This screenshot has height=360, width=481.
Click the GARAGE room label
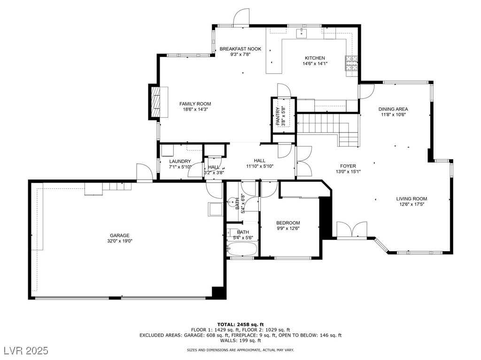(120, 235)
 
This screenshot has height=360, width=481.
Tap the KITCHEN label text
(315, 58)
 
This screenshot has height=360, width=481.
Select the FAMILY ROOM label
(195, 104)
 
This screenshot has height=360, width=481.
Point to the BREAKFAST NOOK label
(240, 49)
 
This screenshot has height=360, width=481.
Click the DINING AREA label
(393, 109)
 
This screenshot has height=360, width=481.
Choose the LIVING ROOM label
(411, 199)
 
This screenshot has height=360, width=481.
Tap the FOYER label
(348, 166)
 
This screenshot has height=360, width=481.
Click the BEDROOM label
(288, 223)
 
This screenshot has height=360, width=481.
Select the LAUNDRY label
(180, 161)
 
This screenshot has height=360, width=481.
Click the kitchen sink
(302, 33)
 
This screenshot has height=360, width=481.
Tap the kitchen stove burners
(352, 63)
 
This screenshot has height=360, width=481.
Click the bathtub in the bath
(242, 249)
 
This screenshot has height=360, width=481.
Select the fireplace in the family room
(158, 101)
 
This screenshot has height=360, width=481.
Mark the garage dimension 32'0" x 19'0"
(120, 241)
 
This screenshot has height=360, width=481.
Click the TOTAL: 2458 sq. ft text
(240, 324)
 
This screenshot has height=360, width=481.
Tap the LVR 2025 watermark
(26, 351)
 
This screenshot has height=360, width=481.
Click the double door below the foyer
(351, 230)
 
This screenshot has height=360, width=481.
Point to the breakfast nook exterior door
(241, 17)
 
